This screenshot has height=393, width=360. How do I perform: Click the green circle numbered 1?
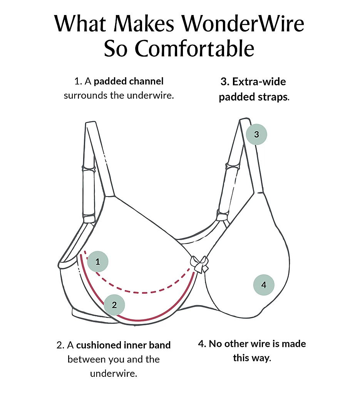point(98,262)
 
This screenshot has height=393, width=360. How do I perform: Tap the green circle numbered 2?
point(114,305)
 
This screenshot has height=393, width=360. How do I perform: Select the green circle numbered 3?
point(256,134)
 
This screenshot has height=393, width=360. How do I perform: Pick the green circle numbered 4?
point(264,285)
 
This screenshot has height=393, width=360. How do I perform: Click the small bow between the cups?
point(199,264)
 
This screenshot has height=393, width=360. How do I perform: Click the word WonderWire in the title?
point(243,24)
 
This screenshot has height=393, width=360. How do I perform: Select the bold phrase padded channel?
point(129,82)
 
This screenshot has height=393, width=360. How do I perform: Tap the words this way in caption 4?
point(252,358)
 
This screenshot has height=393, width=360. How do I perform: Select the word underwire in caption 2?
point(114,374)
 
